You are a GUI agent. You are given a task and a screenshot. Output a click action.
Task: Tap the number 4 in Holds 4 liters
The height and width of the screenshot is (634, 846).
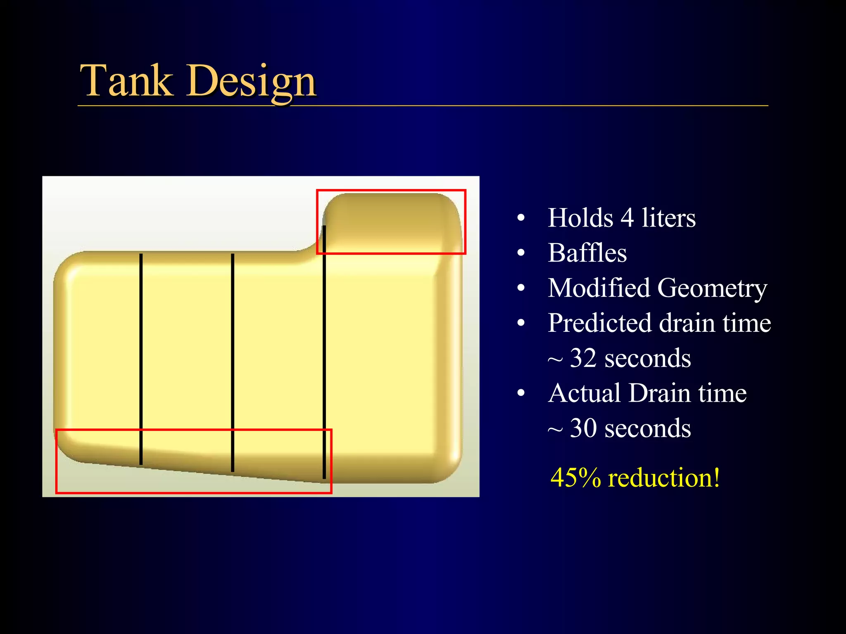627,218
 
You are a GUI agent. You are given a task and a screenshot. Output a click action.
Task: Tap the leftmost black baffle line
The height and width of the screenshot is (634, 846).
141,359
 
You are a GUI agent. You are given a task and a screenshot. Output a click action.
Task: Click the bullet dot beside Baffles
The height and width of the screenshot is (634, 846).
521,253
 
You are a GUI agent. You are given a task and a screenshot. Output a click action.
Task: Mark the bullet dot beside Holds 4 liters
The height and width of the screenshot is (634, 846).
521,218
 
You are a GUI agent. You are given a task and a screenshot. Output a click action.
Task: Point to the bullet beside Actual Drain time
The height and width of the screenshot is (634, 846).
521,393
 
